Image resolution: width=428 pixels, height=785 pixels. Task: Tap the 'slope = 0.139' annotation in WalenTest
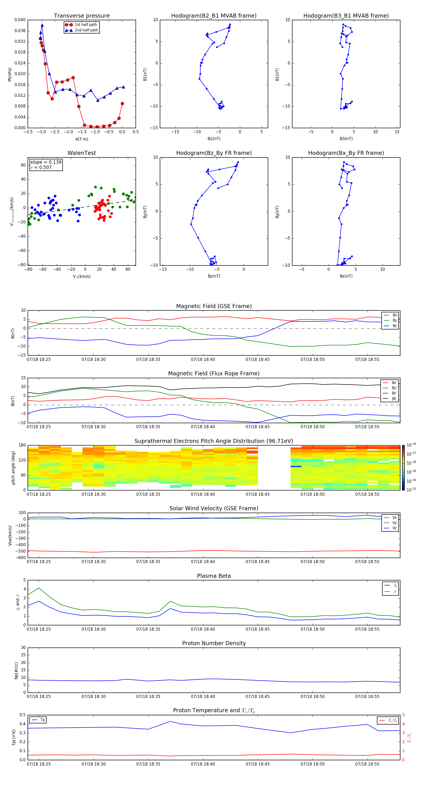click(x=46, y=162)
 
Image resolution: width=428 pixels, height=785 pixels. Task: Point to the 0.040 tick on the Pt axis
click(x=20, y=20)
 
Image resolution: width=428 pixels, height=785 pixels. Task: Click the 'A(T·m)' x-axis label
click(x=82, y=139)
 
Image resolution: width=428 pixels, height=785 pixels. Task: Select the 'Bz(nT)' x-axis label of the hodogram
click(x=214, y=276)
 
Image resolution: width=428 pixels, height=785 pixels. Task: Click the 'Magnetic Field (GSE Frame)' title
click(x=214, y=306)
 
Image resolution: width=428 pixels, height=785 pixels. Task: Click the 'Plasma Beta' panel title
click(x=214, y=576)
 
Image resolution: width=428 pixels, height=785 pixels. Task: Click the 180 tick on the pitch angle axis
click(x=22, y=445)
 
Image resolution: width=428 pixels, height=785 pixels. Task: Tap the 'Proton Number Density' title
click(x=214, y=643)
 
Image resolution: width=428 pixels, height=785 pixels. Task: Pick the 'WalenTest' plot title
click(x=82, y=153)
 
